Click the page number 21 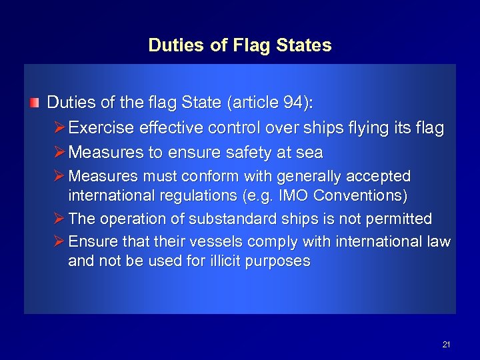(x=446, y=345)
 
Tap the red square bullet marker (x=34, y=104)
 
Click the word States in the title (x=302, y=45)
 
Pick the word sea (x=309, y=153)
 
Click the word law (x=440, y=240)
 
